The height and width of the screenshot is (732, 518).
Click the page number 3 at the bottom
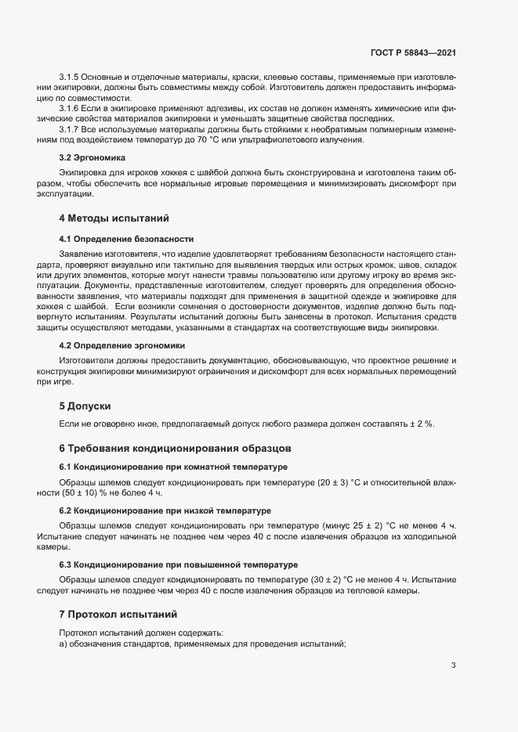pos(453,665)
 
